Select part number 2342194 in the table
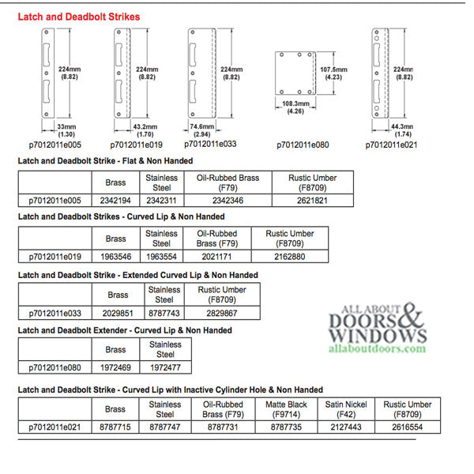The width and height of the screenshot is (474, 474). [115, 201]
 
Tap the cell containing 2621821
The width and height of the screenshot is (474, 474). [314, 201]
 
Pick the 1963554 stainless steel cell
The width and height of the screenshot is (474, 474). [161, 257]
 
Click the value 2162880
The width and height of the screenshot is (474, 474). [290, 257]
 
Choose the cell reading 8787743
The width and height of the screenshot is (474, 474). [164, 313]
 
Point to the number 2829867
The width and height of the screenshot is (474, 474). [222, 313]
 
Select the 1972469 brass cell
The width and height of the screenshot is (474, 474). [115, 368]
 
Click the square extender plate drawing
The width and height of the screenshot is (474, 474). [294, 73]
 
